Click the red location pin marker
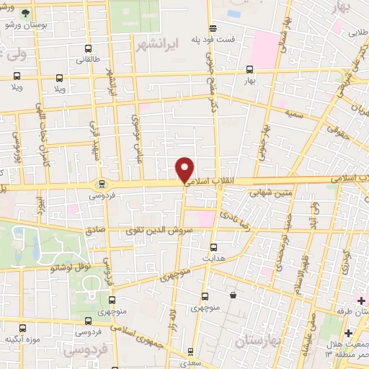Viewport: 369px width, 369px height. tap(186, 169)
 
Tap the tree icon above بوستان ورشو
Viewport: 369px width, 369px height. tap(27, 13)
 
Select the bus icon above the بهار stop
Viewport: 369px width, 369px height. tap(249, 70)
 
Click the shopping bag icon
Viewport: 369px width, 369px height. tap(234, 295)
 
